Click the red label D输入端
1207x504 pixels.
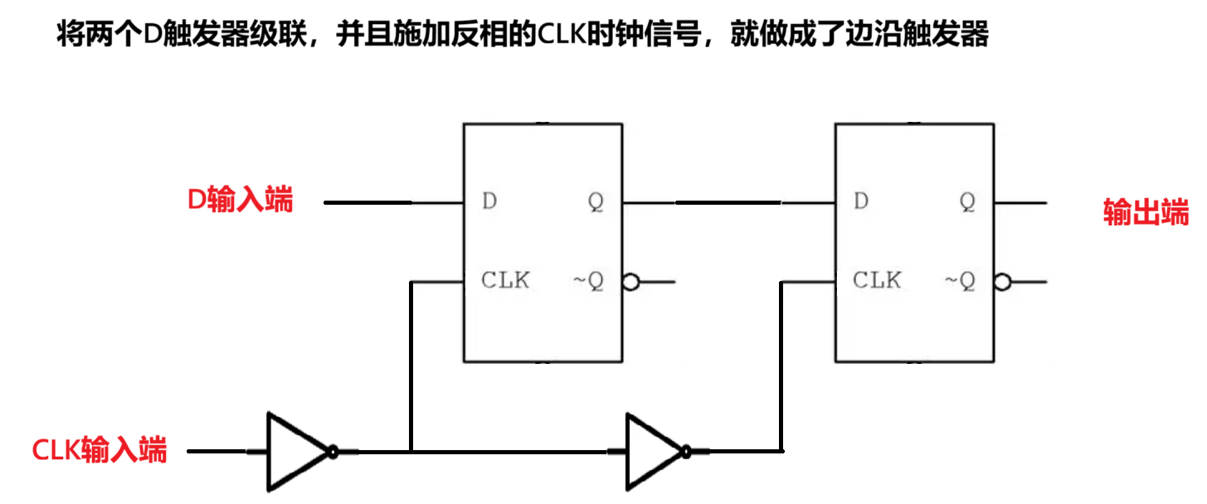240,200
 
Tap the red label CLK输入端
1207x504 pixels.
99,450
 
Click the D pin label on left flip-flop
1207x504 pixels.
490,201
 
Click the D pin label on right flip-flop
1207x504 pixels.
863,201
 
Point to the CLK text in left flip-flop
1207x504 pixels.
505,281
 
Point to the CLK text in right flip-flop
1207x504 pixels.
877,281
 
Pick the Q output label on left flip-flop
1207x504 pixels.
596,201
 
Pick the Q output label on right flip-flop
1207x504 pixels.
968,201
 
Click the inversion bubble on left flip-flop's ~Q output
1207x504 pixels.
630,283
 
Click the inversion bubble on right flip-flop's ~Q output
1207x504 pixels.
1002,283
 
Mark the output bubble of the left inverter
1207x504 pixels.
333,451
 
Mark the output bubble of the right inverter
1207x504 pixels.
685,451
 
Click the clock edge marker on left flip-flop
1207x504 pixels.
471,283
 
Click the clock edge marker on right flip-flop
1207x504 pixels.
843,283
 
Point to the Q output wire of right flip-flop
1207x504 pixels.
1022,201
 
